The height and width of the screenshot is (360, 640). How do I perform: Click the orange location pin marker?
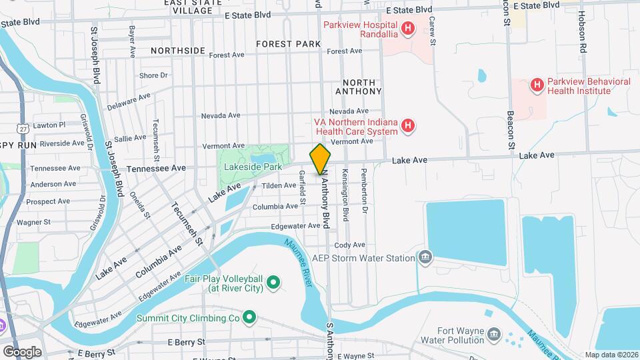[320, 159]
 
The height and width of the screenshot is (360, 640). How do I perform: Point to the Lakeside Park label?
[248, 167]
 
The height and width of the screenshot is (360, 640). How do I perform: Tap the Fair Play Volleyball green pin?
[273, 284]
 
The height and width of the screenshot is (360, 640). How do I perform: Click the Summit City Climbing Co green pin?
[249, 318]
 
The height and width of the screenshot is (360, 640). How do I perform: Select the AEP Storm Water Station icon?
[425, 257]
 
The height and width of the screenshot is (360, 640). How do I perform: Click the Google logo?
[21, 351]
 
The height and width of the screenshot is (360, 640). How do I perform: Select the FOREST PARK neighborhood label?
[288, 45]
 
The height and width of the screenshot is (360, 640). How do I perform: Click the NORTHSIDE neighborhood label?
[178, 51]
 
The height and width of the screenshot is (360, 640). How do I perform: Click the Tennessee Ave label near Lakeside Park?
[156, 169]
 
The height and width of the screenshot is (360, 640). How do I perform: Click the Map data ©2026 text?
[611, 355]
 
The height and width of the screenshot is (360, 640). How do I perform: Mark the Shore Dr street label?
[153, 76]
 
